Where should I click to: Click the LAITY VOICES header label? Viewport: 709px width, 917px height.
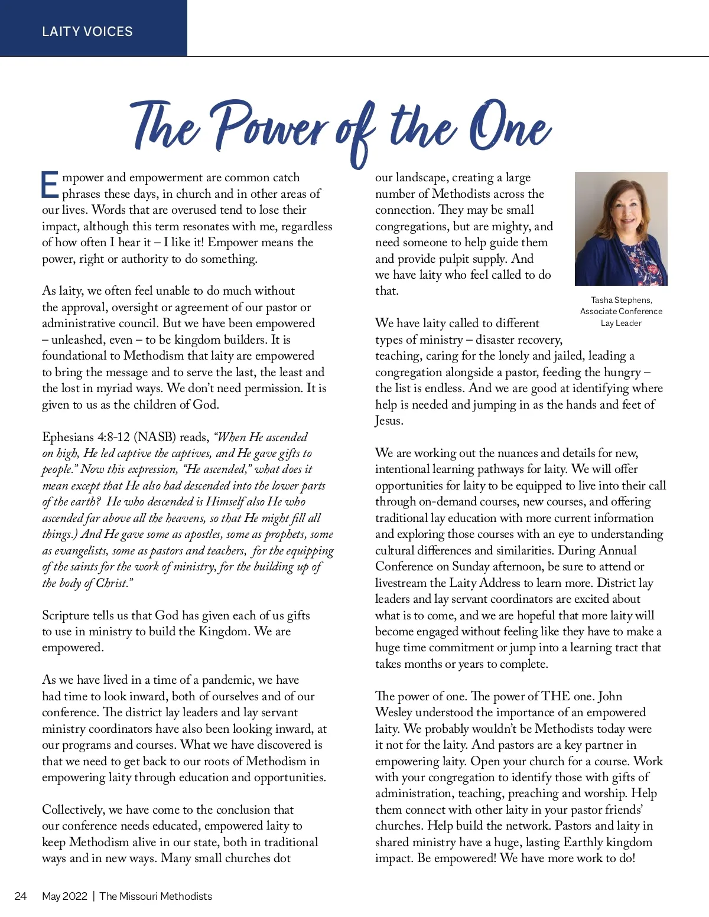coord(87,31)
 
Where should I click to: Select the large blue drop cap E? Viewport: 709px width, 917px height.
coord(50,185)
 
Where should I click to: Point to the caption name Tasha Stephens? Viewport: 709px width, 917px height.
coord(621,300)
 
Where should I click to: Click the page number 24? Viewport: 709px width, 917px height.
coord(21,896)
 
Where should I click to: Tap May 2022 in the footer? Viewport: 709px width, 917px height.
coord(64,896)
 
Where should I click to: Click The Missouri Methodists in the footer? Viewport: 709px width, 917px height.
coord(155,896)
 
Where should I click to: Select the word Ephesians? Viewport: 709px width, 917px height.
coord(67,438)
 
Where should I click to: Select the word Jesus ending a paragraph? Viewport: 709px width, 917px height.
coord(388,421)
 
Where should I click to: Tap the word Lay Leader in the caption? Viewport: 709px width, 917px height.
coord(621,323)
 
